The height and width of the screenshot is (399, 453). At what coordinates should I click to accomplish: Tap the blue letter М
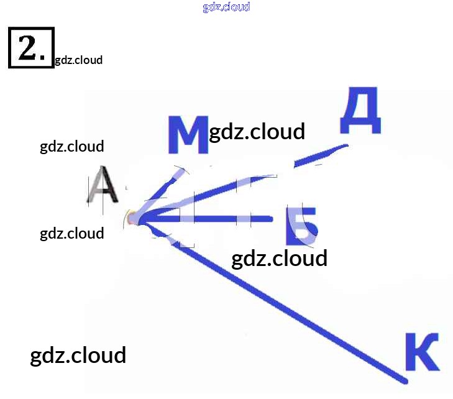point(188,135)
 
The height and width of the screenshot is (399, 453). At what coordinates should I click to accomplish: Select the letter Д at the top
point(360,111)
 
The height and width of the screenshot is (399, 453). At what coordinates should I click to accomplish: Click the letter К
point(422,354)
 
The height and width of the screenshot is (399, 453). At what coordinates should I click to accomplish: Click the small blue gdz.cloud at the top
point(226,7)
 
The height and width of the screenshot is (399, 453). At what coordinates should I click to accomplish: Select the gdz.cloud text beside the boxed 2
point(78,60)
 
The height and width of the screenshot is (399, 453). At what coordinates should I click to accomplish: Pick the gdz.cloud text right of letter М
point(257,132)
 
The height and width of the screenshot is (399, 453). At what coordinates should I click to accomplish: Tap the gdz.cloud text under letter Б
point(279,258)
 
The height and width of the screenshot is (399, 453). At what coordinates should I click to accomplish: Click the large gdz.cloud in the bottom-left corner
point(78,355)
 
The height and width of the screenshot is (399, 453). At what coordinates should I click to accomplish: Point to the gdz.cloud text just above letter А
point(72,147)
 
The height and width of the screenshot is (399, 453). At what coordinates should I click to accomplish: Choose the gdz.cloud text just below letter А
point(72,234)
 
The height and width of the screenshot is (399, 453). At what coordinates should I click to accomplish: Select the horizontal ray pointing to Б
point(211,219)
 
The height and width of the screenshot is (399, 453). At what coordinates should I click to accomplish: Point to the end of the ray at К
point(405,380)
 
